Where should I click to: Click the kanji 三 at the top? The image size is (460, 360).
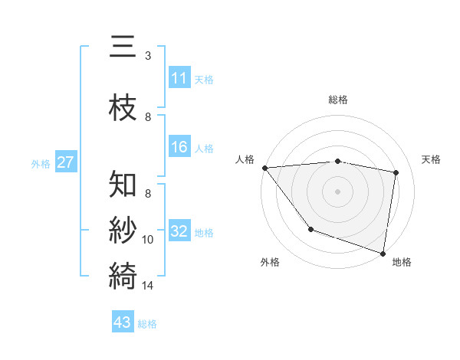pyautogui.click(x=123, y=47)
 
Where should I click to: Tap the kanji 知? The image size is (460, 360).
pyautogui.click(x=123, y=185)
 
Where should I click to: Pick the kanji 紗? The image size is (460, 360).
pyautogui.click(x=123, y=230)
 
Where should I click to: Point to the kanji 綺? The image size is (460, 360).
pyautogui.click(x=123, y=274)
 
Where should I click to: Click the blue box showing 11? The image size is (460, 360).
pyautogui.click(x=179, y=78)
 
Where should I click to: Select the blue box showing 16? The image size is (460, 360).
pyautogui.click(x=179, y=147)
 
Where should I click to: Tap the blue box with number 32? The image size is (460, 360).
pyautogui.click(x=179, y=231)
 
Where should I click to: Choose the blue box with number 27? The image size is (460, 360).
pyautogui.click(x=65, y=162)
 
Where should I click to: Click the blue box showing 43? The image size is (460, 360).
pyautogui.click(x=123, y=322)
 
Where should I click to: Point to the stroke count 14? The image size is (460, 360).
pyautogui.click(x=148, y=286)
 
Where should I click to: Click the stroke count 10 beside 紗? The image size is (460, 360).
pyautogui.click(x=148, y=240)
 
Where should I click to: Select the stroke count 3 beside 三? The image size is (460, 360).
pyautogui.click(x=148, y=56)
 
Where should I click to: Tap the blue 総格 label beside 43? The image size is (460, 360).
pyautogui.click(x=147, y=324)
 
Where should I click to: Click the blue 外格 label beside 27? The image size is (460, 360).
pyautogui.click(x=41, y=163)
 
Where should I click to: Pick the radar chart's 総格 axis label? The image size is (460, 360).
pyautogui.click(x=338, y=100)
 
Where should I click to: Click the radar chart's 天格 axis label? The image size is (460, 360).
pyautogui.click(x=432, y=159)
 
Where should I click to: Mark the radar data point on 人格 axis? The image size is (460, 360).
pyautogui.click(x=264, y=168)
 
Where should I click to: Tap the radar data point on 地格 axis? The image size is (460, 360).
pyautogui.click(x=383, y=252)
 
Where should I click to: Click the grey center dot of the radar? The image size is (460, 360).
pyautogui.click(x=338, y=191)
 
